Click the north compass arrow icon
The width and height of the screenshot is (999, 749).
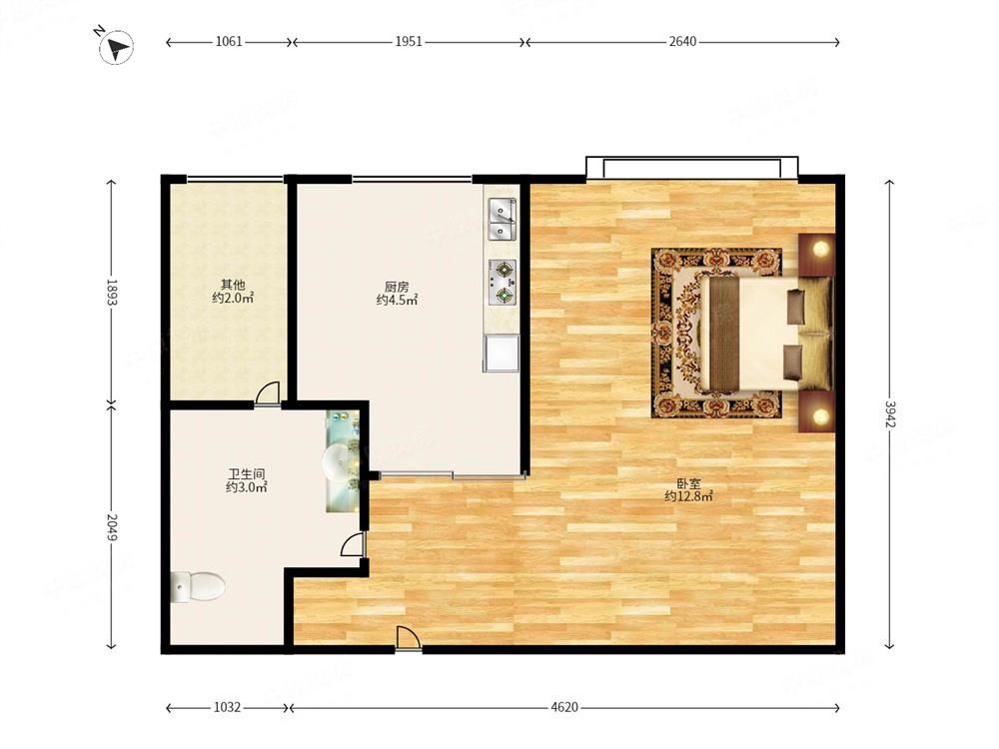[115, 47]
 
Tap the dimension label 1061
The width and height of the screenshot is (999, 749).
[229, 42]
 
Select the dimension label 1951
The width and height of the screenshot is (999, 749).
[409, 42]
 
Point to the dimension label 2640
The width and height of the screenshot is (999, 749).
[682, 42]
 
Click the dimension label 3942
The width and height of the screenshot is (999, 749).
[889, 414]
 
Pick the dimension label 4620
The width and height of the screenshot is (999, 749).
[564, 707]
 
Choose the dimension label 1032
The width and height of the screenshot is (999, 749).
[227, 707]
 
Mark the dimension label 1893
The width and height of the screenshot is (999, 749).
[112, 293]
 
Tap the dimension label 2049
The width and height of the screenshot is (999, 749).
[112, 527]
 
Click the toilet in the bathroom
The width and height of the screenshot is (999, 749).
[198, 586]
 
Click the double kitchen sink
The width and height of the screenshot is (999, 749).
[502, 219]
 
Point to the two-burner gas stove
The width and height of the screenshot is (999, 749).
[502, 282]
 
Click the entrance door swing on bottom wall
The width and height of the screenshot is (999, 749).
[408, 638]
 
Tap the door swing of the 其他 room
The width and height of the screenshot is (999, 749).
[268, 392]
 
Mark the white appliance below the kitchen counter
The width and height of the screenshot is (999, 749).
[501, 353]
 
